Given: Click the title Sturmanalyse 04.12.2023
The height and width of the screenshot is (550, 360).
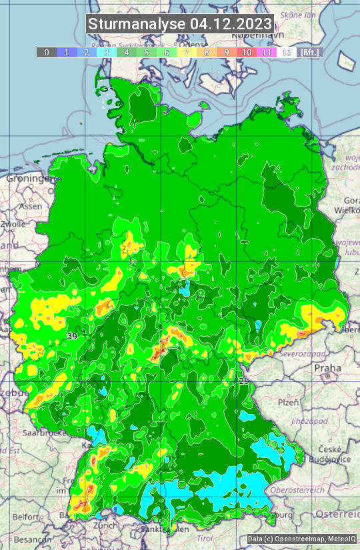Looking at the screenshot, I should [x=180, y=25].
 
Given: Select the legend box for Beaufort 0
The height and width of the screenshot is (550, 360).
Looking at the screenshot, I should [x=47, y=52].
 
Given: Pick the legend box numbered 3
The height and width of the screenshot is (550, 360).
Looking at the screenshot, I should [x=107, y=52].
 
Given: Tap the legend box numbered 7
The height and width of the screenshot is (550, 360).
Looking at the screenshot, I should [x=187, y=52].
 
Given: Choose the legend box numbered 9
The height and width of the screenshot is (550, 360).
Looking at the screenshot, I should [x=227, y=52].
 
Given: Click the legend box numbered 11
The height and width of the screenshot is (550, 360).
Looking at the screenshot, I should [x=267, y=52].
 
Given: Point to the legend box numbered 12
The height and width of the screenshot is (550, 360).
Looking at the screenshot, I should [x=287, y=52].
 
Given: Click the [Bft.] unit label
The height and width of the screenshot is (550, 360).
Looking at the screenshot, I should [x=310, y=52].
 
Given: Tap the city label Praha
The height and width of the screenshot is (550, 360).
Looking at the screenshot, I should [x=327, y=368].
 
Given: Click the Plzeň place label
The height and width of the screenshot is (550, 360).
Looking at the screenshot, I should [x=288, y=403].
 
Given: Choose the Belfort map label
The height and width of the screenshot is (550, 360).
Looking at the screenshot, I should [x=26, y=516].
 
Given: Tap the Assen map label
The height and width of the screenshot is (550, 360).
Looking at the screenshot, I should [x=30, y=207].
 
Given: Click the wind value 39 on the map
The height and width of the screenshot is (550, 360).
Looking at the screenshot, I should [x=72, y=337].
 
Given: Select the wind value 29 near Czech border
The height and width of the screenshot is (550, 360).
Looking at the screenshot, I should [x=244, y=381].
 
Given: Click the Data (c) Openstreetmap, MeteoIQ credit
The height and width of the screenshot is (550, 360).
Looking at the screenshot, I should [x=301, y=539].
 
